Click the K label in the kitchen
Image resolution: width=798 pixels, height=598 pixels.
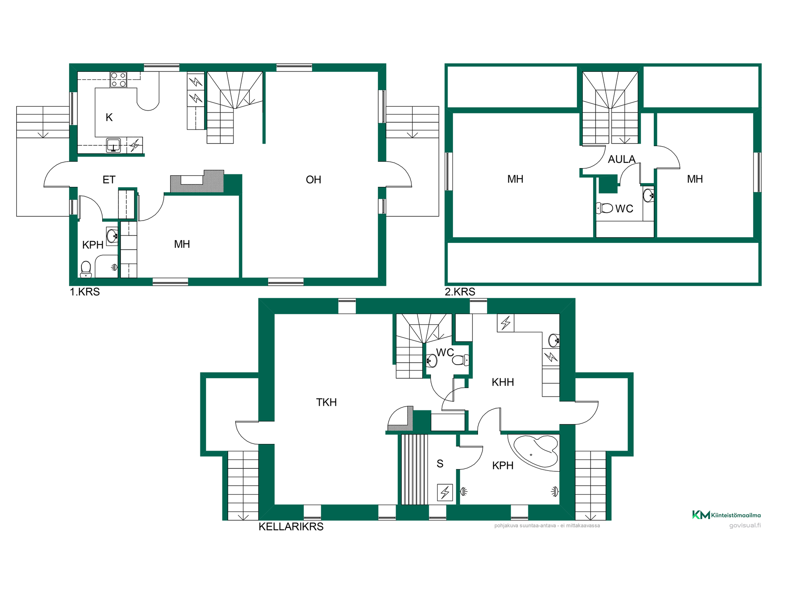[x=109, y=118]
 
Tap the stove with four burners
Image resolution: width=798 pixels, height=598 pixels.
[x=118, y=80]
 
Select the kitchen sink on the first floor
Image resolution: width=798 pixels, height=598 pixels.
[x=113, y=145]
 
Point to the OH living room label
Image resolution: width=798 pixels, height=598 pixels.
[x=313, y=180]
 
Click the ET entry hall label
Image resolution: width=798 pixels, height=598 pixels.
[x=109, y=180]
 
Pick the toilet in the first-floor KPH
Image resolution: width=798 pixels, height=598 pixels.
[x=86, y=269]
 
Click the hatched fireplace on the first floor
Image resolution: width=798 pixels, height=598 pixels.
[x=197, y=181]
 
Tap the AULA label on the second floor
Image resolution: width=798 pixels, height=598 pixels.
[x=622, y=159]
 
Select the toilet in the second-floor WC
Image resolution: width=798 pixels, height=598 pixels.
[x=605, y=208]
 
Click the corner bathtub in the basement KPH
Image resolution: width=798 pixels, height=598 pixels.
[x=536, y=452]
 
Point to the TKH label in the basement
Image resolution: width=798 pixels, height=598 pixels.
[x=326, y=402]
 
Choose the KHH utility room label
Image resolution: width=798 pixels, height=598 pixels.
[x=503, y=382]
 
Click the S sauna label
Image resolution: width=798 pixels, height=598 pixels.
[x=440, y=464]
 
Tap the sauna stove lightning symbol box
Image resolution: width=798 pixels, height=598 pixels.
[x=445, y=493]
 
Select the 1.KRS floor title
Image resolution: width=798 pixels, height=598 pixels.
[x=85, y=292]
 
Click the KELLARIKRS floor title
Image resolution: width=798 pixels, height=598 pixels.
[x=291, y=527]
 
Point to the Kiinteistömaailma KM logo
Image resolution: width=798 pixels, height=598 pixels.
[x=727, y=515]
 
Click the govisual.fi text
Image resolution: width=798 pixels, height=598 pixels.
[x=745, y=525]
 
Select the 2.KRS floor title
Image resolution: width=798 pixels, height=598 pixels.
[x=460, y=292]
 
